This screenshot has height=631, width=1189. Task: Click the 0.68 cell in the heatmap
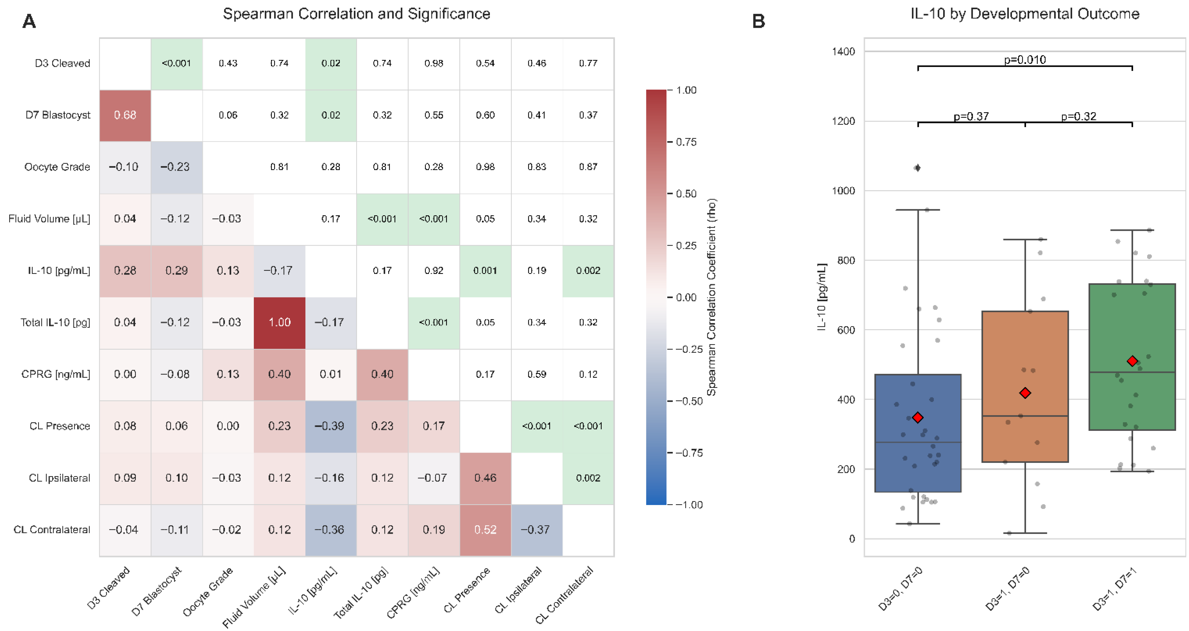(x=125, y=115)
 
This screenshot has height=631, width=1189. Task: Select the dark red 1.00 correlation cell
(x=279, y=322)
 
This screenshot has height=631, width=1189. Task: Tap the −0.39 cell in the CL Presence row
(x=330, y=426)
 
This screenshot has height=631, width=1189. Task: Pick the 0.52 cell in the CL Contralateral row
(x=485, y=530)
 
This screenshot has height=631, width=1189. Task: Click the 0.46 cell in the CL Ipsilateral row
(x=485, y=478)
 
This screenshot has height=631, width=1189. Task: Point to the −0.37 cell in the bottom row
(x=536, y=530)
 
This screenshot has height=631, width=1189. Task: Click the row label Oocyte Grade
(x=57, y=167)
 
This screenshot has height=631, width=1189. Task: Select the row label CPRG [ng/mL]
(x=56, y=374)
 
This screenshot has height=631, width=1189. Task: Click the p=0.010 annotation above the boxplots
(x=1025, y=60)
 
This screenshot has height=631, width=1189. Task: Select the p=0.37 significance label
(x=971, y=116)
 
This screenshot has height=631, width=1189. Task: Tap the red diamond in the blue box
(x=918, y=417)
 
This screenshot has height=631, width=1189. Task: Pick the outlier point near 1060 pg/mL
(x=918, y=168)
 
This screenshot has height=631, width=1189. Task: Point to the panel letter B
(x=758, y=21)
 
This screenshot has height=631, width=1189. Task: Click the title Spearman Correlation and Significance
(x=356, y=14)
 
